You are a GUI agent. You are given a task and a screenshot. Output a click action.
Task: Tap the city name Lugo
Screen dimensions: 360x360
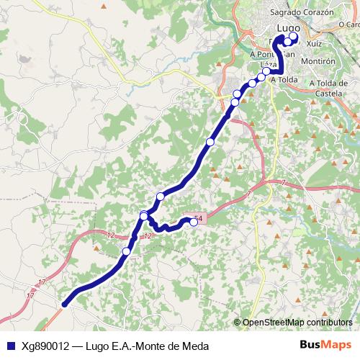pos(287,27)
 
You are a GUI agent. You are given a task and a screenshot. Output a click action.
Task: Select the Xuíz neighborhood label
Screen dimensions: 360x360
pos(314,44)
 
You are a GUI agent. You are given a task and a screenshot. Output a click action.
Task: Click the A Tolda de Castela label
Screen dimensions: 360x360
pos(333,89)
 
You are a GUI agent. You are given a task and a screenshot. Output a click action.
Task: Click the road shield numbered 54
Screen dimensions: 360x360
pos(198,217)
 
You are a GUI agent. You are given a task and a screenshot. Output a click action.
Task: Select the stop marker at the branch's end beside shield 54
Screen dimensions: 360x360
pos(193,222)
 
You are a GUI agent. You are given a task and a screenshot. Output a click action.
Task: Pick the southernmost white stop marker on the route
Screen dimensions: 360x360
pos(126,251)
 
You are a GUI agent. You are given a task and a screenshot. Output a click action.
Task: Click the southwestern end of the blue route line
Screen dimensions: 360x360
pos(64,305)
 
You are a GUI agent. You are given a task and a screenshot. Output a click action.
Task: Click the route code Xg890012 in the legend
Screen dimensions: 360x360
pos(45,345)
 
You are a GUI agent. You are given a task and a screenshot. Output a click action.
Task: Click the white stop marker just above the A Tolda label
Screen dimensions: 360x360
pos(267,71)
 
